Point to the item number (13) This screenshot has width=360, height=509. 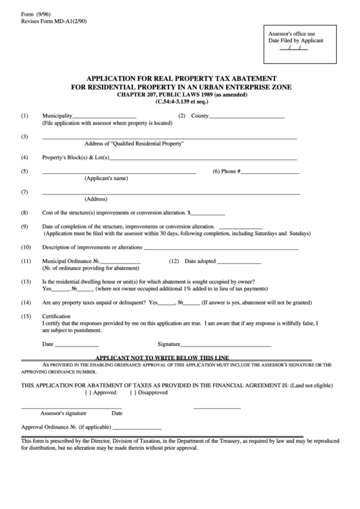[x=26, y=281]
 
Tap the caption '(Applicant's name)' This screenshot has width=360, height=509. [x=106, y=179]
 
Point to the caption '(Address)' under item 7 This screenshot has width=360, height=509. [x=96, y=199]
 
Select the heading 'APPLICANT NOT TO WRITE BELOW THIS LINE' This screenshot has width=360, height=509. [x=162, y=357]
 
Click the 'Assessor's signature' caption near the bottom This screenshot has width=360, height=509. [x=63, y=413]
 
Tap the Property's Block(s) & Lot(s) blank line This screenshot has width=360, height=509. [x=203, y=158]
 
